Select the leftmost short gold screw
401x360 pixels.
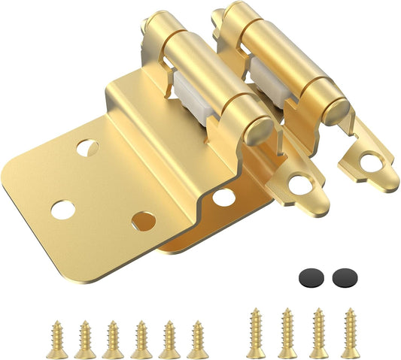[x=57, y=339]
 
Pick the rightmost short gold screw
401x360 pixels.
[x=198, y=339]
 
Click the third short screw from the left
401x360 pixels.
[x=114, y=339]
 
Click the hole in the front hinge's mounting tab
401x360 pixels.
[x=301, y=183]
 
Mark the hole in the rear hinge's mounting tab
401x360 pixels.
[x=370, y=159]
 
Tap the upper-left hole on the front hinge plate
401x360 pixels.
[x=87, y=147]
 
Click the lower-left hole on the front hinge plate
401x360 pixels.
[x=62, y=210]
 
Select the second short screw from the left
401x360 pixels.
[x=85, y=339]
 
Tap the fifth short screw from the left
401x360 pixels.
[x=169, y=339]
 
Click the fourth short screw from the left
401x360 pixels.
[x=141, y=339]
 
